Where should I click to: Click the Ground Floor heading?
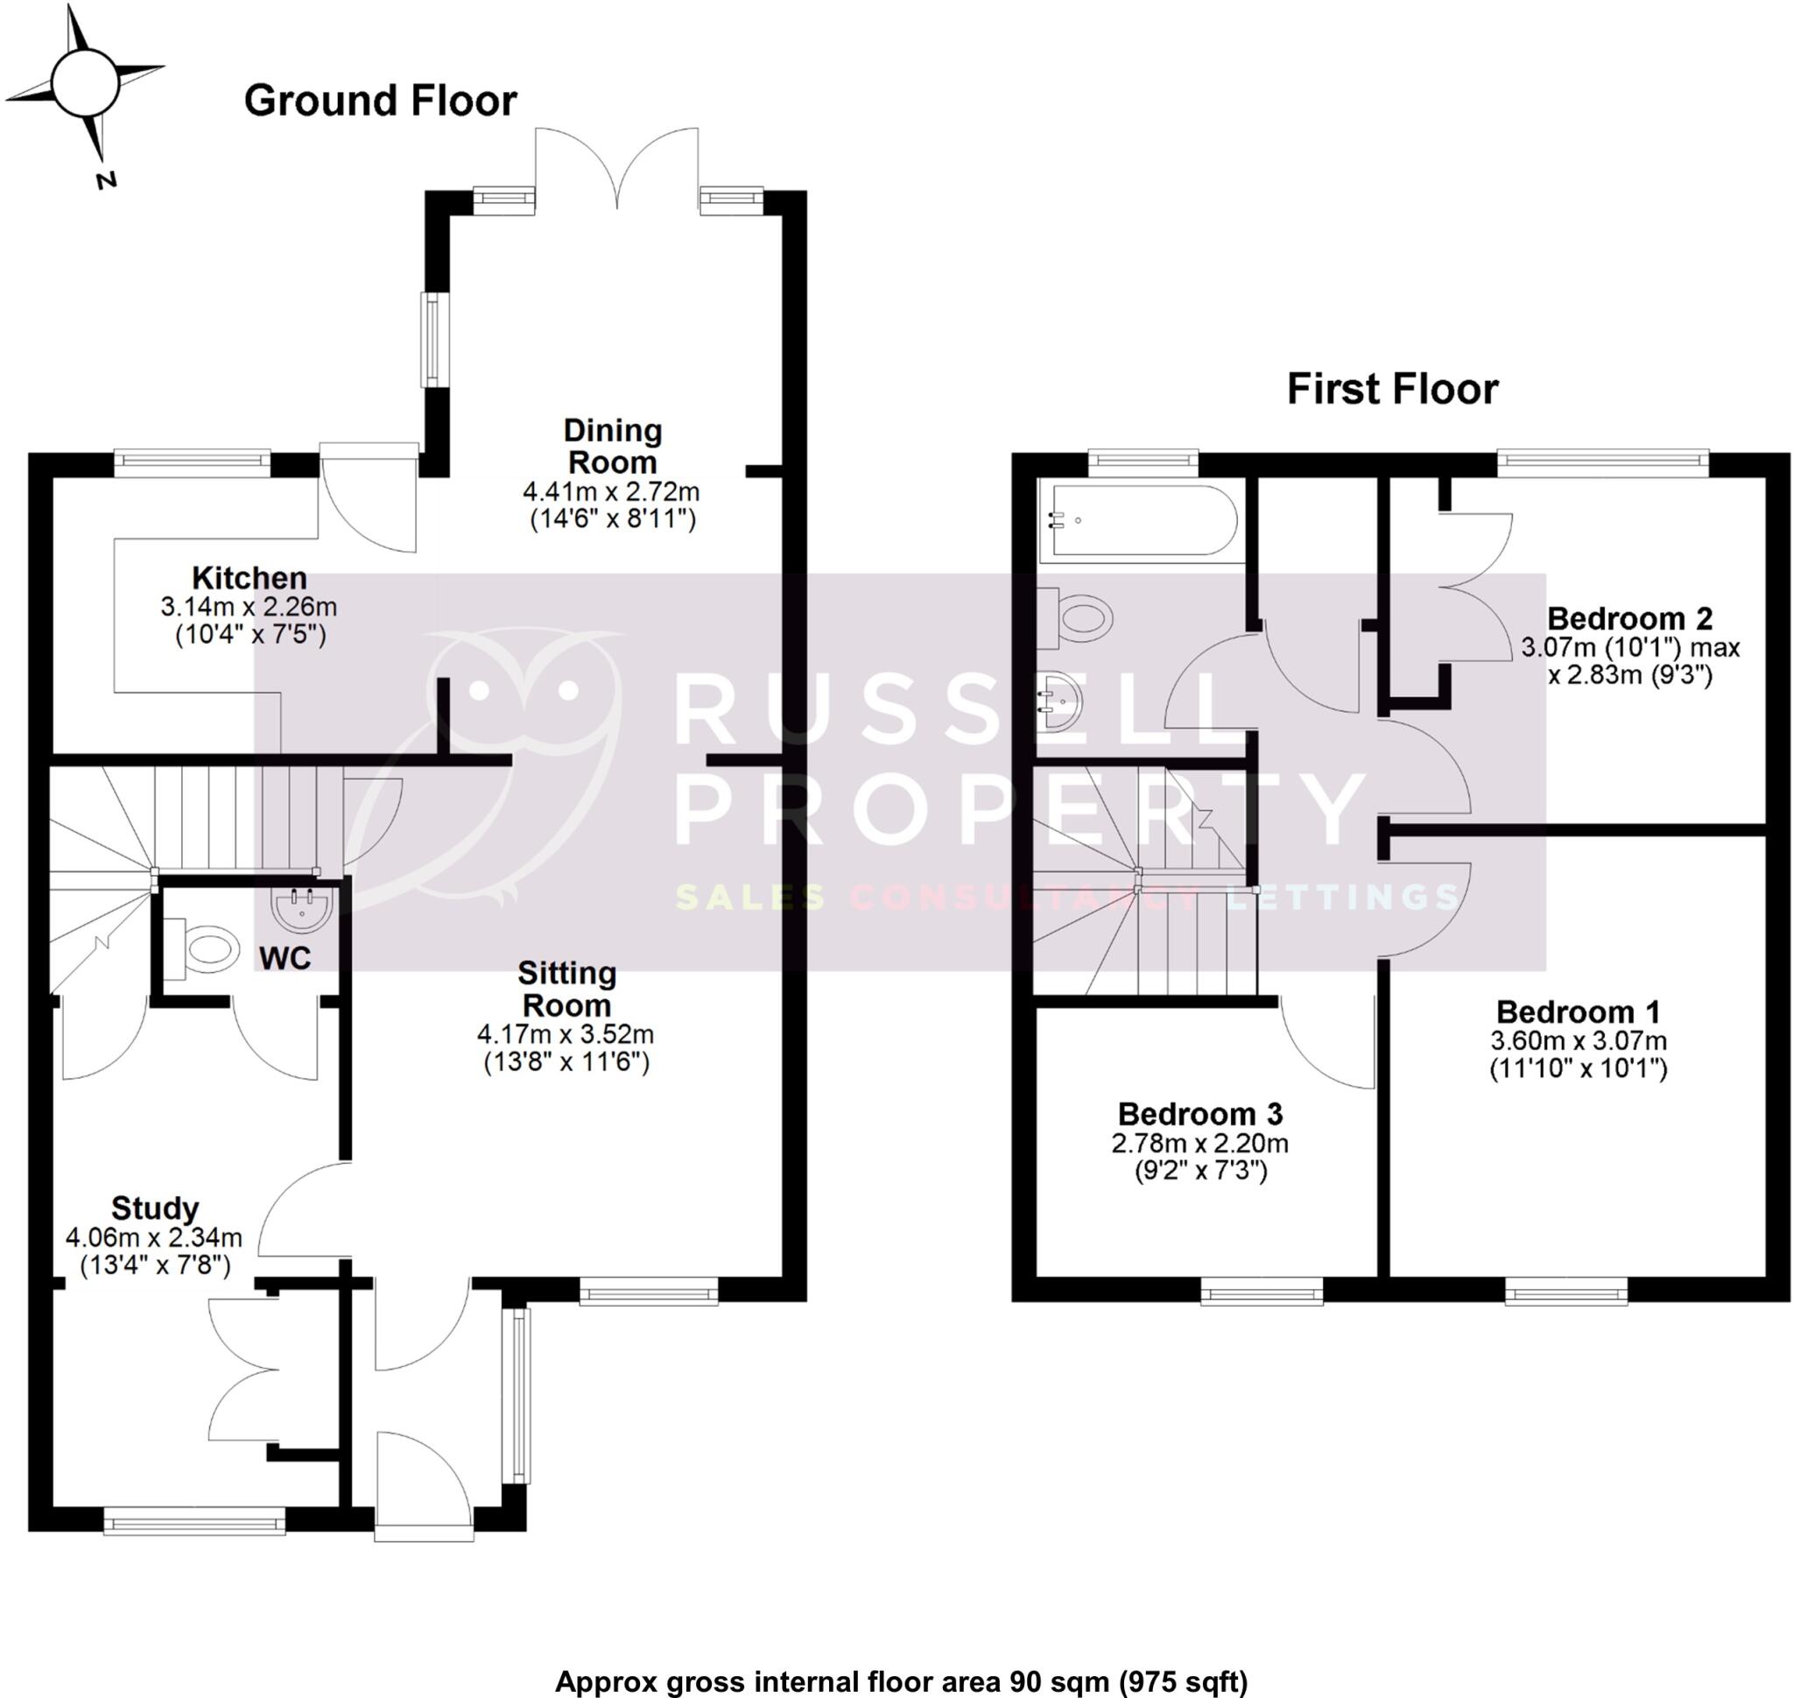[380, 101]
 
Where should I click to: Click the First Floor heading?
[1392, 389]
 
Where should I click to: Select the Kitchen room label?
[249, 577]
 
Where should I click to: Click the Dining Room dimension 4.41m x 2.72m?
[611, 491]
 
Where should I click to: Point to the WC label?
[285, 958]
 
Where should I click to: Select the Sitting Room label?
[566, 990]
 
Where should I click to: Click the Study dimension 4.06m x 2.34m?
[154, 1237]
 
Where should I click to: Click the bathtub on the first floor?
[1138, 520]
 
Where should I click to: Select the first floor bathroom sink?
[1059, 700]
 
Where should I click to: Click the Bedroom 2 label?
[1629, 618]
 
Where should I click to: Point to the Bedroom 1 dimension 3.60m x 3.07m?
[1578, 1041]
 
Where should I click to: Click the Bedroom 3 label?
[1200, 1113]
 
